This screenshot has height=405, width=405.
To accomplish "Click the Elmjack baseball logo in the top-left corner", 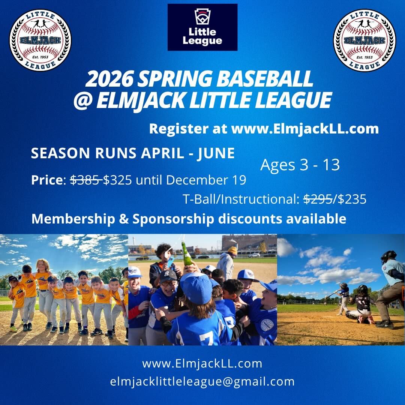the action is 40,40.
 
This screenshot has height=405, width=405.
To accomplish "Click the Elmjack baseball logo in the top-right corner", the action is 364,40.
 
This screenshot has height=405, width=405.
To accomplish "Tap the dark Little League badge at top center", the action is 202,27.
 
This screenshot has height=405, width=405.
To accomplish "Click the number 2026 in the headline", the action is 109,79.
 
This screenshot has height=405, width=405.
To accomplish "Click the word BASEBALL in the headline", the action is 264,79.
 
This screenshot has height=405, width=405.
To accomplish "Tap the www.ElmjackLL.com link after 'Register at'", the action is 305,129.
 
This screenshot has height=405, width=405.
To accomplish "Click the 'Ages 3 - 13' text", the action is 300,165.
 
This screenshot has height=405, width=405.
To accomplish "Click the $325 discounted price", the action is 117,180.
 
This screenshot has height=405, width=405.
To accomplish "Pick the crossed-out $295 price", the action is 318,199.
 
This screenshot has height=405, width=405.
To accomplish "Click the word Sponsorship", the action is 173,219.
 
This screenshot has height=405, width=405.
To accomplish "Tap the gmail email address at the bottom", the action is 202,382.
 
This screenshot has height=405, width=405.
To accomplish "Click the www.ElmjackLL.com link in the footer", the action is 202,364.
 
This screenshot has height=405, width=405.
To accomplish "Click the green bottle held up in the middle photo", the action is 188,254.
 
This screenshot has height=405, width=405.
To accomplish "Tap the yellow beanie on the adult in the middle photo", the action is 232,250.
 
